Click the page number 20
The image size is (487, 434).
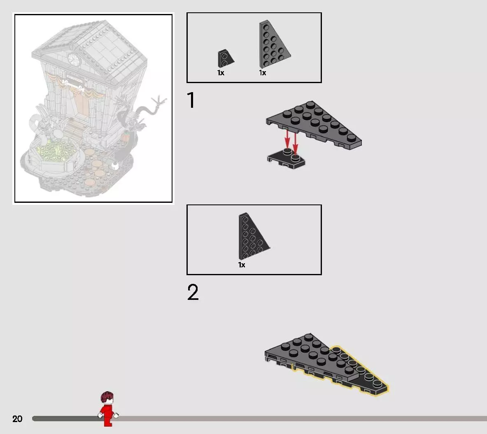(17, 419)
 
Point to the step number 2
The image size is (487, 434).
(193, 292)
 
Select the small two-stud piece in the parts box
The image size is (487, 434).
(226, 58)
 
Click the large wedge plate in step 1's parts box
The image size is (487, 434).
(274, 44)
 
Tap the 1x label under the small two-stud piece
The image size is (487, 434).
(221, 73)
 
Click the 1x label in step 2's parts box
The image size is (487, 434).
(242, 265)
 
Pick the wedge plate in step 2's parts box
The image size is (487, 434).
(253, 236)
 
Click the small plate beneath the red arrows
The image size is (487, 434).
(286, 158)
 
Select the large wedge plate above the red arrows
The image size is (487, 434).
(314, 125)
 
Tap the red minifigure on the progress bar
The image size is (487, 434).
(108, 408)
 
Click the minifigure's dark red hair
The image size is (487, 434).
(107, 397)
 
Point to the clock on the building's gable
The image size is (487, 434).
(75, 60)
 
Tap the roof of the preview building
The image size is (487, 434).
(90, 46)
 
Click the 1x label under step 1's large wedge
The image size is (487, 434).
(263, 73)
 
